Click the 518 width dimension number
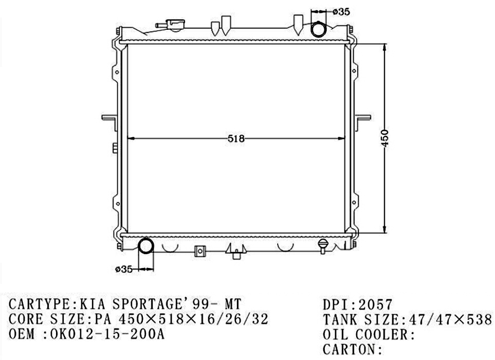coord(236,139)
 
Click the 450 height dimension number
coord(385,138)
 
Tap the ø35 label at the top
coord(341,12)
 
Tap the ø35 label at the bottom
coord(124,269)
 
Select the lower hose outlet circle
coord(146,246)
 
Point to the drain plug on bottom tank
coord(323,246)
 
